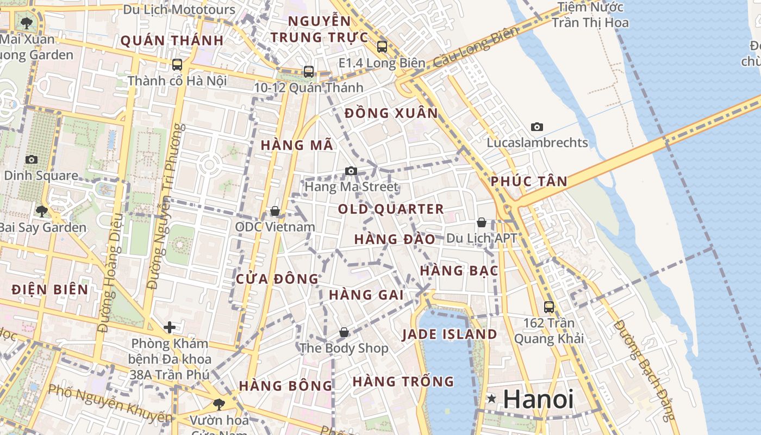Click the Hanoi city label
(538, 400)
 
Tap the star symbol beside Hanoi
(492, 399)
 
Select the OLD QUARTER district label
(391, 209)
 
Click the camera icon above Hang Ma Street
(351, 171)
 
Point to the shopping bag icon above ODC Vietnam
(275, 211)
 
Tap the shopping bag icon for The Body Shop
(344, 332)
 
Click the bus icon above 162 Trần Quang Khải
(549, 307)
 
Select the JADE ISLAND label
(450, 334)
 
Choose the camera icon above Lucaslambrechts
(537, 127)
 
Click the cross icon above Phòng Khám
(170, 327)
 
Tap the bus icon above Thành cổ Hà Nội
(177, 65)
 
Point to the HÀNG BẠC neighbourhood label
(459, 271)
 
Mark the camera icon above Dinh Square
(32, 159)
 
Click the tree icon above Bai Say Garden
(42, 211)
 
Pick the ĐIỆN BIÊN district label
(50, 290)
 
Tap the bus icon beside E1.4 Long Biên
(382, 47)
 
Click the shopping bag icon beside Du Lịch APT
(482, 222)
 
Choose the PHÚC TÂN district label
(529, 182)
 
